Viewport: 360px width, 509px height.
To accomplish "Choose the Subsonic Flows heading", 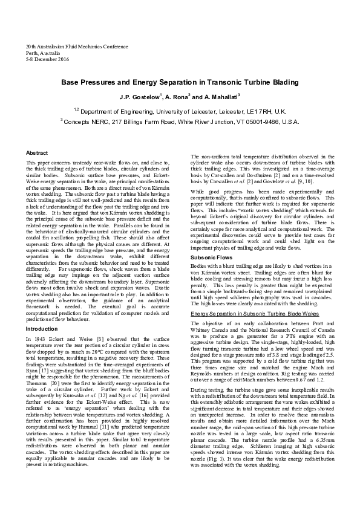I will pos(211,274).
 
